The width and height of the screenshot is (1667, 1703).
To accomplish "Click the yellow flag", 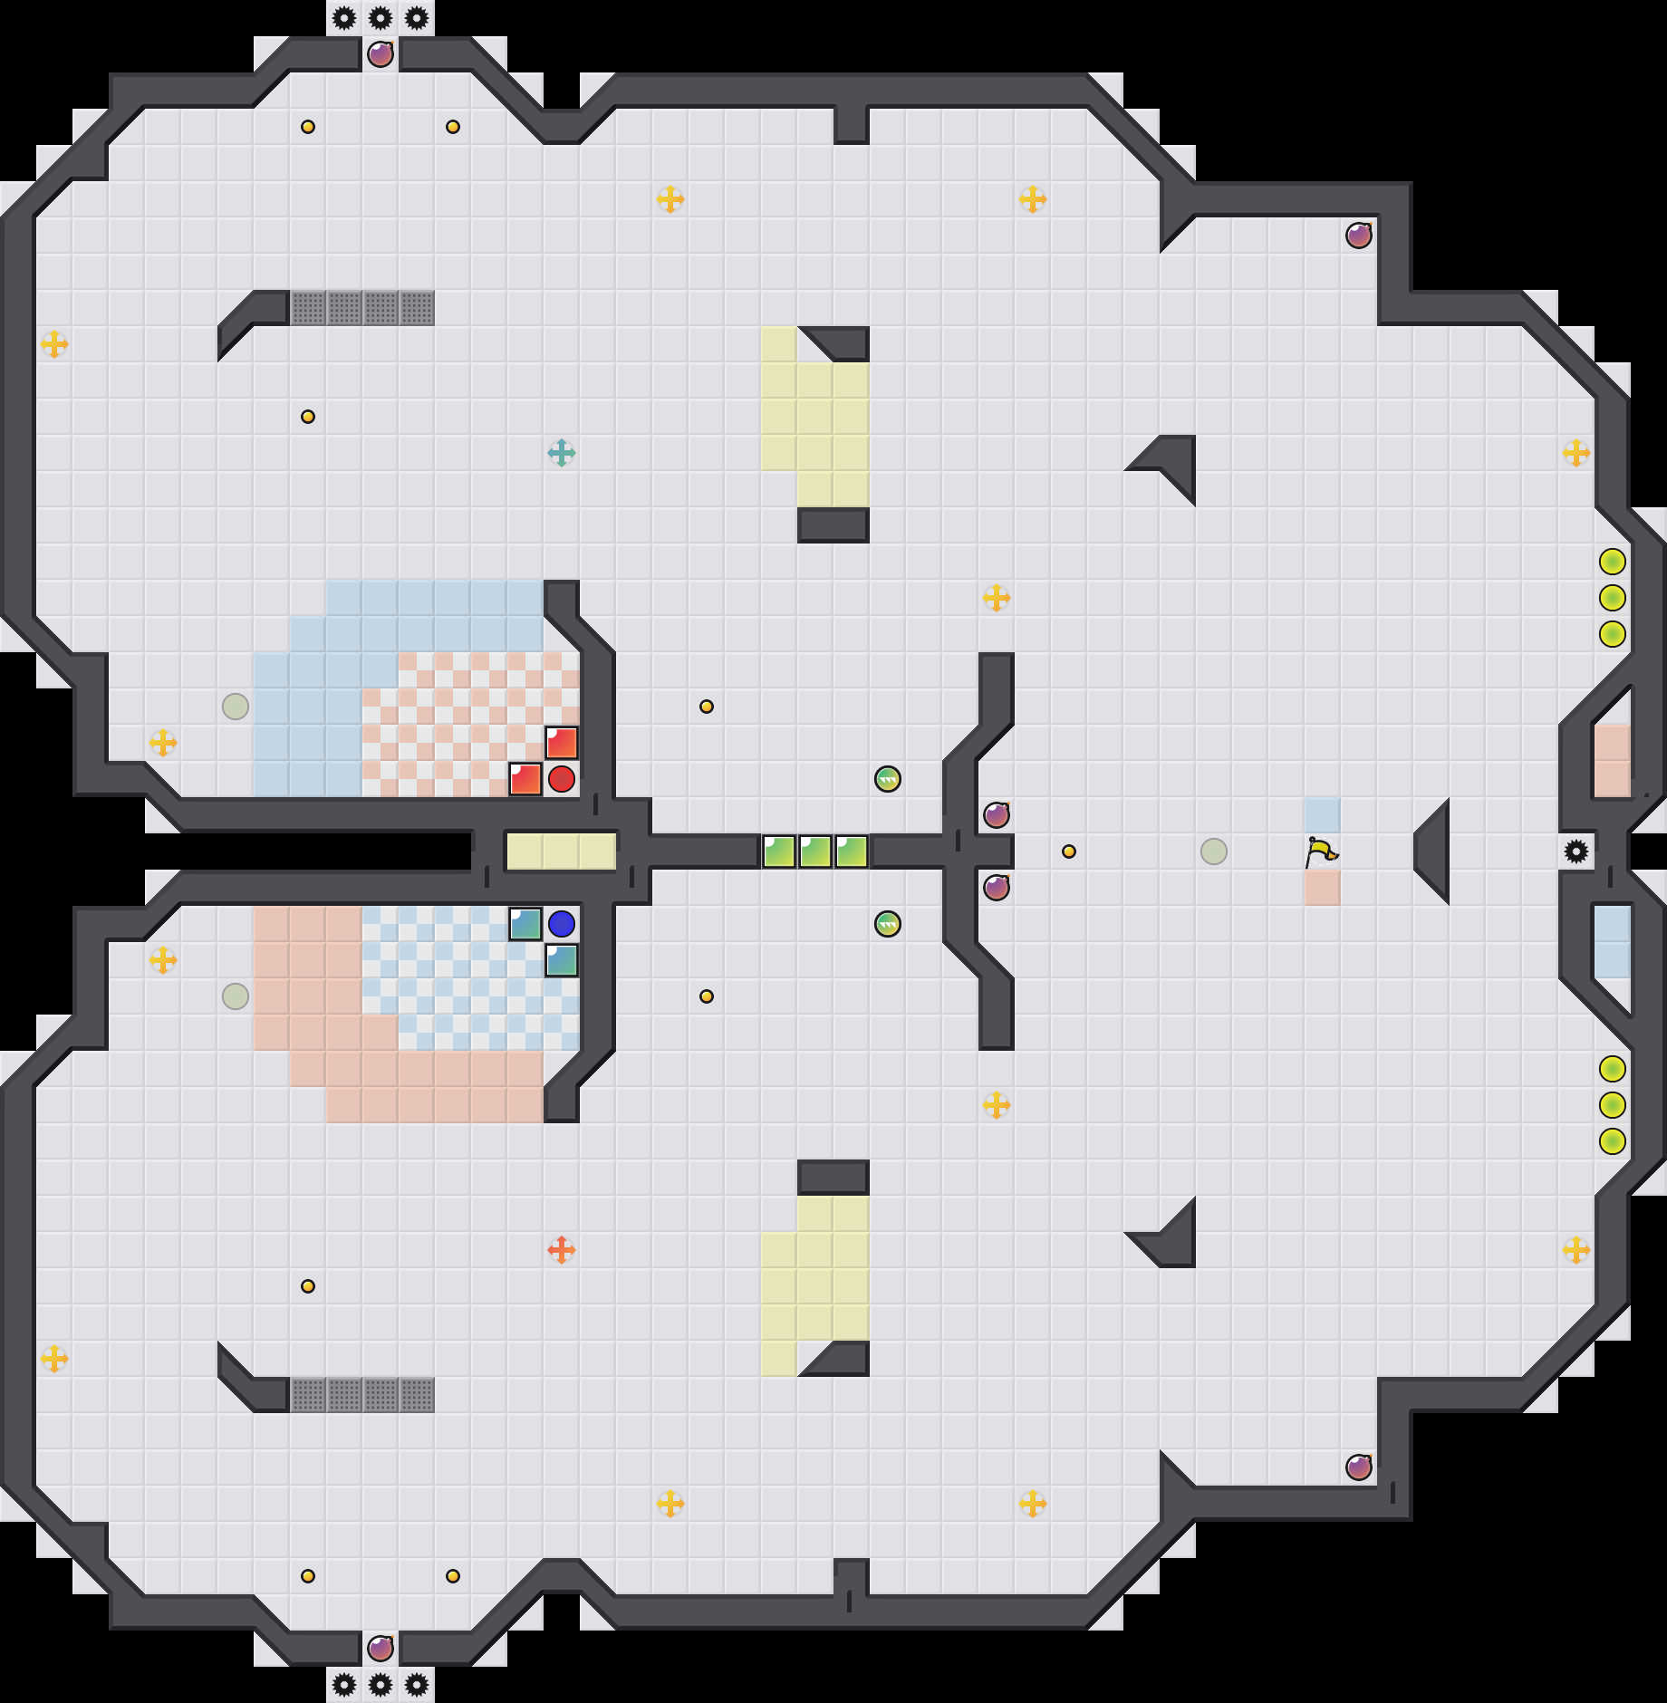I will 1321,851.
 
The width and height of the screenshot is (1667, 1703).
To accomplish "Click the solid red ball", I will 562,779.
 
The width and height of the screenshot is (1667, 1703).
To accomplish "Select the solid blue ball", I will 562,924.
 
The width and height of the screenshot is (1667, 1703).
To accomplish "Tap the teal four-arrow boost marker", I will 562,453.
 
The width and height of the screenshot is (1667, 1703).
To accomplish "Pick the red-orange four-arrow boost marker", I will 562,1250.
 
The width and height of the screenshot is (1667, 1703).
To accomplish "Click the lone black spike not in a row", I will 1576,851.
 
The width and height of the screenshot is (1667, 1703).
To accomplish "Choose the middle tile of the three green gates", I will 815,851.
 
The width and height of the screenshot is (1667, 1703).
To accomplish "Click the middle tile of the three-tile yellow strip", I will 562,851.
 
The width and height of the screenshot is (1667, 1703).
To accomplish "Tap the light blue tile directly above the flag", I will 1323,815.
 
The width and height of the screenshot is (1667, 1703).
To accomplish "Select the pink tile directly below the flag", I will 1323,888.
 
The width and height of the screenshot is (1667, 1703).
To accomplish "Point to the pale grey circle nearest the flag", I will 1214,851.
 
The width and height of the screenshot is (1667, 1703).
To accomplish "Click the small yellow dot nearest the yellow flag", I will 1069,851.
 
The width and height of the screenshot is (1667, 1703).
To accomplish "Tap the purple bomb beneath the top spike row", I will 381,54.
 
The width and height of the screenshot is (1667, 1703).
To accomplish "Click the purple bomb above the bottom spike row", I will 381,1649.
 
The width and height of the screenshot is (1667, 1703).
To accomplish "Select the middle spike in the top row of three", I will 381,18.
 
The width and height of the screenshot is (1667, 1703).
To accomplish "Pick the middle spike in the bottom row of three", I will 381,1685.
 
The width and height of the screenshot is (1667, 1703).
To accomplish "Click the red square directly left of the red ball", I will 525,779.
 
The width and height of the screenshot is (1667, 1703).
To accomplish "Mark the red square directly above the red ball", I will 562,743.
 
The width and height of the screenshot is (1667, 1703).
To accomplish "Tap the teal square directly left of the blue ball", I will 525,924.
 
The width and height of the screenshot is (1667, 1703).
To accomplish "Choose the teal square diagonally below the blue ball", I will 562,960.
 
